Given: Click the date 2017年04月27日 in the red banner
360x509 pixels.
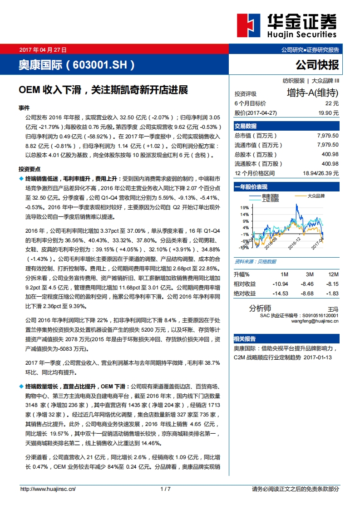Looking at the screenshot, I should point(43,50).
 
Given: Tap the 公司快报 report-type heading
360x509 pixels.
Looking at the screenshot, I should point(317,65).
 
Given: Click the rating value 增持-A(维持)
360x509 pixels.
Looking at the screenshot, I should point(313,93).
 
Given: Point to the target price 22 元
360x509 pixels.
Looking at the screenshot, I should point(332,103).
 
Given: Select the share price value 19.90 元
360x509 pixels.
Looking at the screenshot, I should point(328,113).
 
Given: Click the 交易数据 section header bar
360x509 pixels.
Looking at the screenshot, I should point(286,126).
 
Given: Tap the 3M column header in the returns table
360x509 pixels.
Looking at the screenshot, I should point(309,275).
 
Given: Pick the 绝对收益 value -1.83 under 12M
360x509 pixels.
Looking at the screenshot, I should point(333,294).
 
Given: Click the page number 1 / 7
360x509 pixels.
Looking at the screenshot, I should point(165,489).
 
